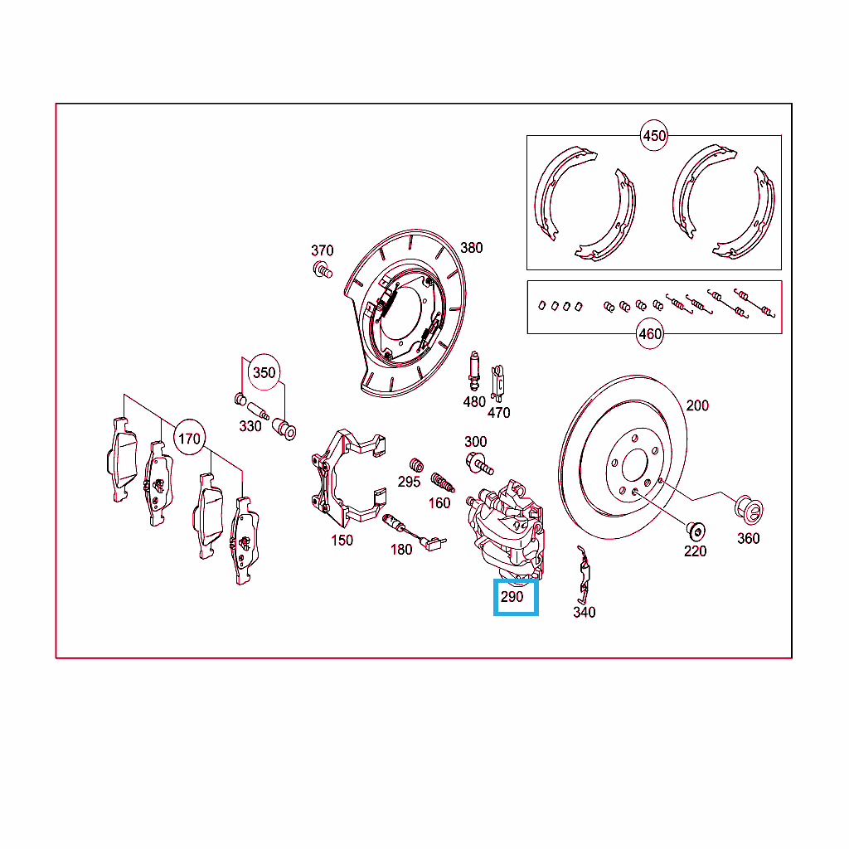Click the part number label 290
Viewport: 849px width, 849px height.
tap(512, 597)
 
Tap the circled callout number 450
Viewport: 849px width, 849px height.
tap(653, 135)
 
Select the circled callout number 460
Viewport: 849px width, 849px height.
tap(650, 333)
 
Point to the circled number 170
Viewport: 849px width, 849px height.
tap(189, 438)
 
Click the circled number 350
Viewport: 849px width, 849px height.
tap(264, 372)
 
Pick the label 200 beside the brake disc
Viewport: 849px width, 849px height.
tap(696, 405)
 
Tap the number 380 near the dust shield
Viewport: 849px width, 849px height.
tap(471, 248)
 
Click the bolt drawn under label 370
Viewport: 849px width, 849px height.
tap(323, 269)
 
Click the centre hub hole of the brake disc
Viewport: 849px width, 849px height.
tap(634, 464)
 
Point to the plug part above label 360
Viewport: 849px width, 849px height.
tap(749, 511)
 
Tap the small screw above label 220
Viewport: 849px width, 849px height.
tap(696, 531)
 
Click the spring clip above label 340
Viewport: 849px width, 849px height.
tap(584, 575)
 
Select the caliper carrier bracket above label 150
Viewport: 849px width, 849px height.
tap(347, 478)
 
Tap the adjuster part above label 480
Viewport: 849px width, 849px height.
tap(474, 371)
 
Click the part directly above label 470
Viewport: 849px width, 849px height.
tap(497, 384)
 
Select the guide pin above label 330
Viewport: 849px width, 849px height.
tap(258, 410)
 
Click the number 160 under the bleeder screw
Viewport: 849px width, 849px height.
tap(439, 503)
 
